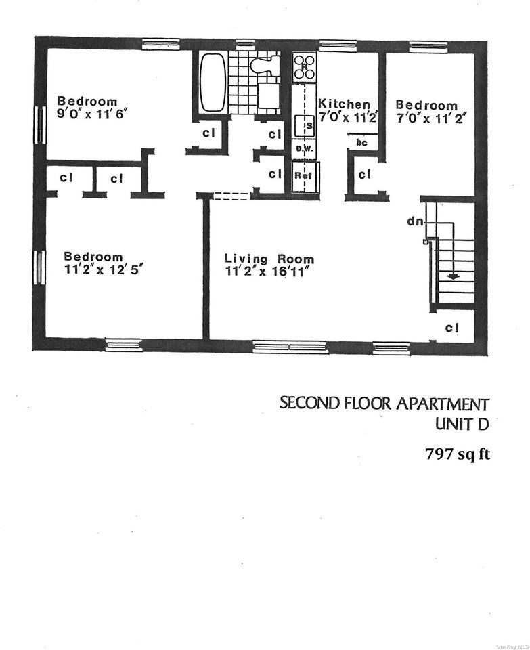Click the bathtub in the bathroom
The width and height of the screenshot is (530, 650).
pos(213,83)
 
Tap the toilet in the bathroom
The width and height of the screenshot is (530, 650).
pos(264,66)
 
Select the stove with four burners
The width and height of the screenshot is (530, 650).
pos(305,67)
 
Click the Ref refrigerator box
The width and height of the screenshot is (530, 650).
pos(302,175)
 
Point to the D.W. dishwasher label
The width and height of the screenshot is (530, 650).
pos(302,148)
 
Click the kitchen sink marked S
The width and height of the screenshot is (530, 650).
pos(307,125)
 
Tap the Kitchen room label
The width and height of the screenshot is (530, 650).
pos(345,104)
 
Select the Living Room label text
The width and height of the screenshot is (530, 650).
pos(269,259)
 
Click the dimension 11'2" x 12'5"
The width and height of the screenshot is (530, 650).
pos(103,269)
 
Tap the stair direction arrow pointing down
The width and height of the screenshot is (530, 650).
pos(452,275)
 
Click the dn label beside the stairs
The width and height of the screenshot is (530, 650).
pos(414,221)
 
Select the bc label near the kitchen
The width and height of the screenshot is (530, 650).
pos(361,144)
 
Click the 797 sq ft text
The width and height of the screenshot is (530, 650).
pos(457,454)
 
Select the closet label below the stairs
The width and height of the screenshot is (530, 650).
pos(452,328)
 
